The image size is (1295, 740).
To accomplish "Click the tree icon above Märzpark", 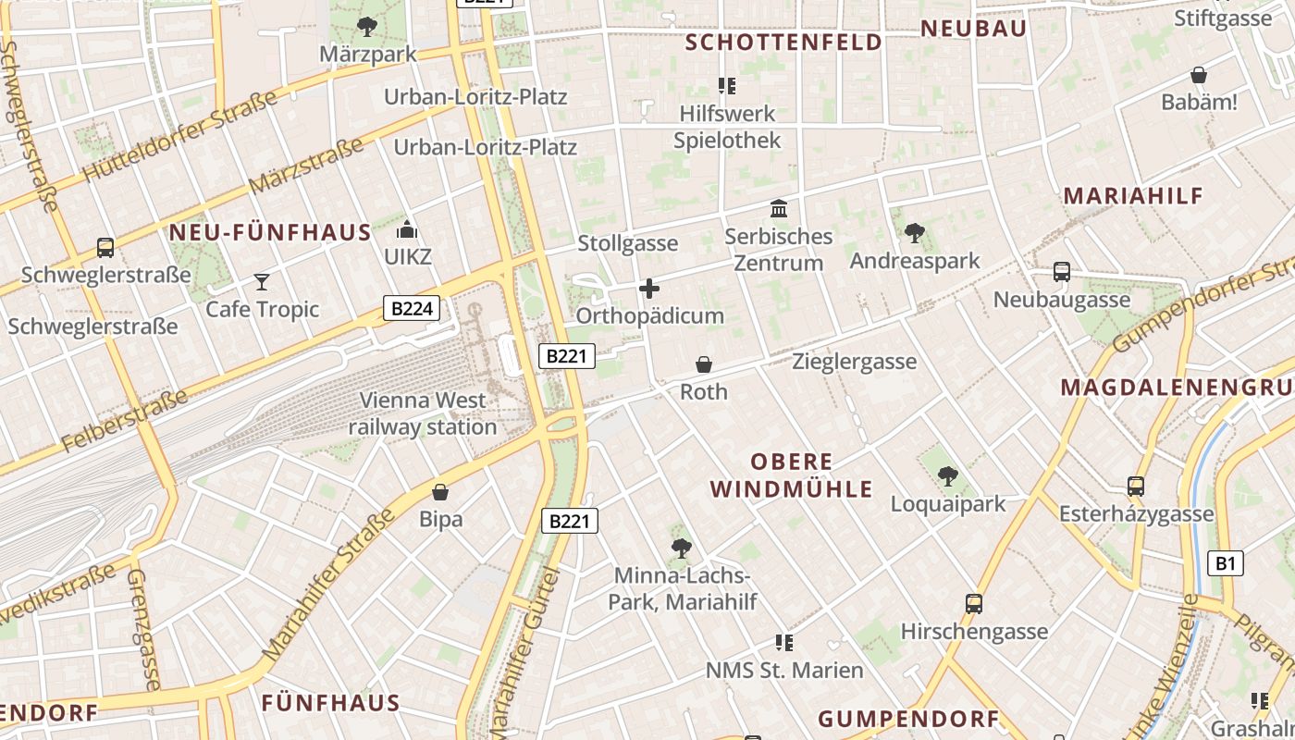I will pyautogui.click(x=367, y=26).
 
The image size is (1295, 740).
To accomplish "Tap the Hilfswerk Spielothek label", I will pyautogui.click(x=727, y=127).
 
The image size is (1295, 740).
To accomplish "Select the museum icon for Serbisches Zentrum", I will pyautogui.click(x=779, y=209).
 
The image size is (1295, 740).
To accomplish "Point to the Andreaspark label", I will pyautogui.click(x=914, y=261).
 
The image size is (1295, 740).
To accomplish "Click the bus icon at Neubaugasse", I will pyautogui.click(x=1062, y=272).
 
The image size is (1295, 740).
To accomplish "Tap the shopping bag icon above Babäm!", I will pyautogui.click(x=1199, y=75).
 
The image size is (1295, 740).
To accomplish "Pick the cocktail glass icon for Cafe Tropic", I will pyautogui.click(x=263, y=281).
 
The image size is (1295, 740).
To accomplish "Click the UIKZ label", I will pyautogui.click(x=407, y=256).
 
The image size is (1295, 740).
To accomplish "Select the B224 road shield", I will pyautogui.click(x=412, y=309).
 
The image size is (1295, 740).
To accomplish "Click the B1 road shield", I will pyautogui.click(x=1226, y=562).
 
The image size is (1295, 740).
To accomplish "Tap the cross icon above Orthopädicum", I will pyautogui.click(x=649, y=289).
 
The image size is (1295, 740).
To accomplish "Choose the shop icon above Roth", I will pyautogui.click(x=704, y=364).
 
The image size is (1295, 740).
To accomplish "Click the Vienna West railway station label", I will pyautogui.click(x=423, y=413).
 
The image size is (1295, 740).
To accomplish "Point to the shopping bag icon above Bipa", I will pyautogui.click(x=440, y=491).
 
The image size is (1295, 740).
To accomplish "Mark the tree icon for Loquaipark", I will pyautogui.click(x=947, y=476).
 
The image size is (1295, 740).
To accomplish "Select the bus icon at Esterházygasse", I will pyautogui.click(x=1136, y=487).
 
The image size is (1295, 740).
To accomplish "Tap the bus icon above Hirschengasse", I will pyautogui.click(x=974, y=604).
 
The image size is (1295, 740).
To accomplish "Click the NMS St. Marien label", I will pyautogui.click(x=784, y=670).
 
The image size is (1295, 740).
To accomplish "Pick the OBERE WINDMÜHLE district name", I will pyautogui.click(x=811, y=475).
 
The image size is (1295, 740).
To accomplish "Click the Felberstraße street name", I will pyautogui.click(x=125, y=422).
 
